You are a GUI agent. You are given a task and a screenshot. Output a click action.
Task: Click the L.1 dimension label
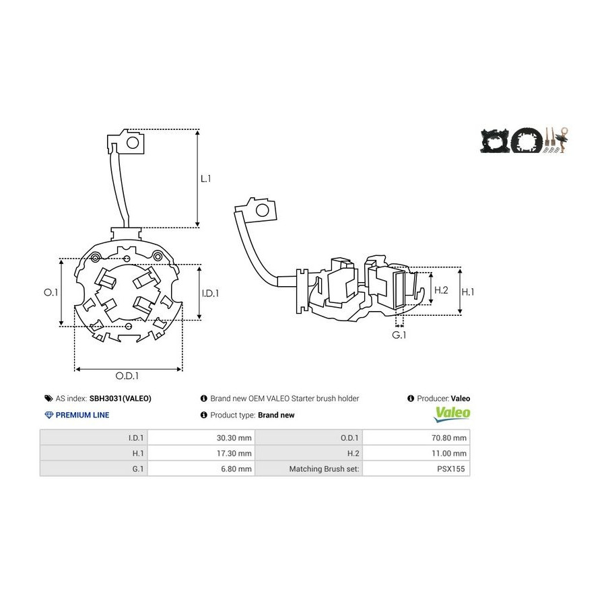tap(205, 178)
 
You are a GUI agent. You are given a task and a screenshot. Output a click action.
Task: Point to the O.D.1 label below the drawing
tap(127, 376)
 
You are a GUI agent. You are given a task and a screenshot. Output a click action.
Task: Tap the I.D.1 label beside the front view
tap(210, 294)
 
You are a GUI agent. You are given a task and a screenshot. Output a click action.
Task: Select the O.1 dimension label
tap(50, 292)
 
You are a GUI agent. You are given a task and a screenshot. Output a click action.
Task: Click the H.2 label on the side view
tap(441, 290)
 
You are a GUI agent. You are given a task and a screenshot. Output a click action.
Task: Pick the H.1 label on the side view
tap(468, 292)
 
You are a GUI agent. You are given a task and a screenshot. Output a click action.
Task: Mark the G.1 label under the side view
tap(399, 335)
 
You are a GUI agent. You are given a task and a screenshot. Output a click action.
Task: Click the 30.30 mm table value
tap(234, 438)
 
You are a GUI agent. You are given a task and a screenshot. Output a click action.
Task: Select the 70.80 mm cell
tap(448, 438)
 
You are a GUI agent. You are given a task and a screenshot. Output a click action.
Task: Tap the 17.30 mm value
tap(234, 453)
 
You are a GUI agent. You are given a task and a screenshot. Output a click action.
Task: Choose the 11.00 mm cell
tap(448, 453)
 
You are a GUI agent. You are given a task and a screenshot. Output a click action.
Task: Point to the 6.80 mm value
tap(236, 469)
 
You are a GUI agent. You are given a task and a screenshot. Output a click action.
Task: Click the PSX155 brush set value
tap(450, 469)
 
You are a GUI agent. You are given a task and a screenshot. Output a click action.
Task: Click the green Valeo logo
tap(452, 414)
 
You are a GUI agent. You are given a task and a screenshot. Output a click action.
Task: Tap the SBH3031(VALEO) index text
tap(121, 399)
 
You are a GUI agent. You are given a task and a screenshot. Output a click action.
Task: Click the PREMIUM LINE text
tap(82, 415)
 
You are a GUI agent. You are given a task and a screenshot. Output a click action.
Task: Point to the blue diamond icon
tap(49, 415)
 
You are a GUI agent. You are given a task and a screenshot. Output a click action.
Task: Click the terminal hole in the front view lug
tap(133, 143)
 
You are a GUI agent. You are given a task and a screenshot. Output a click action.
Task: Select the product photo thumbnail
tap(525, 139)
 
